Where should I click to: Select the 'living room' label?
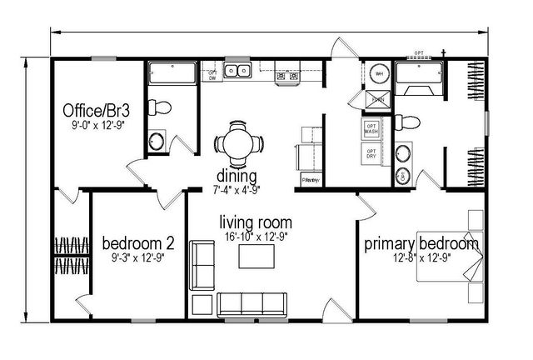tap(256, 222)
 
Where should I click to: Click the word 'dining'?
tap(237, 176)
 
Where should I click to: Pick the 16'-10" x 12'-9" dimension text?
tap(256, 237)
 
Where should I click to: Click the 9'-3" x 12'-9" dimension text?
tap(137, 257)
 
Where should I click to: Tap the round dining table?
tap(238, 139)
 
